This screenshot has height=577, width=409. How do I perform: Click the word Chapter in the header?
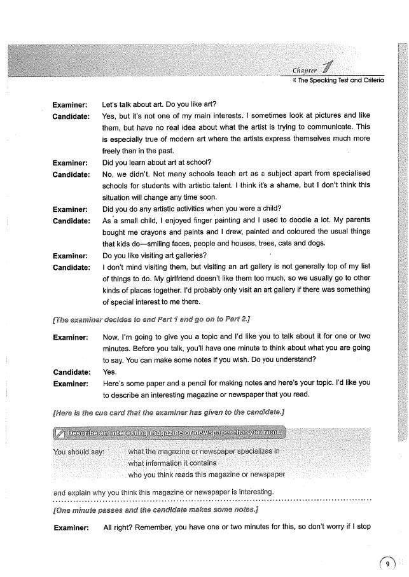click(x=307, y=70)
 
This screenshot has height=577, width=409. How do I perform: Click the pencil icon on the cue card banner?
click(x=59, y=434)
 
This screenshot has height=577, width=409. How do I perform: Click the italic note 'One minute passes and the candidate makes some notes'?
click(x=155, y=510)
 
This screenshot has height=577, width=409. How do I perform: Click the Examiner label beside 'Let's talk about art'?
click(x=70, y=102)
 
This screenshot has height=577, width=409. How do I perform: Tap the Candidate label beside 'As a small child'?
click(x=71, y=221)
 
